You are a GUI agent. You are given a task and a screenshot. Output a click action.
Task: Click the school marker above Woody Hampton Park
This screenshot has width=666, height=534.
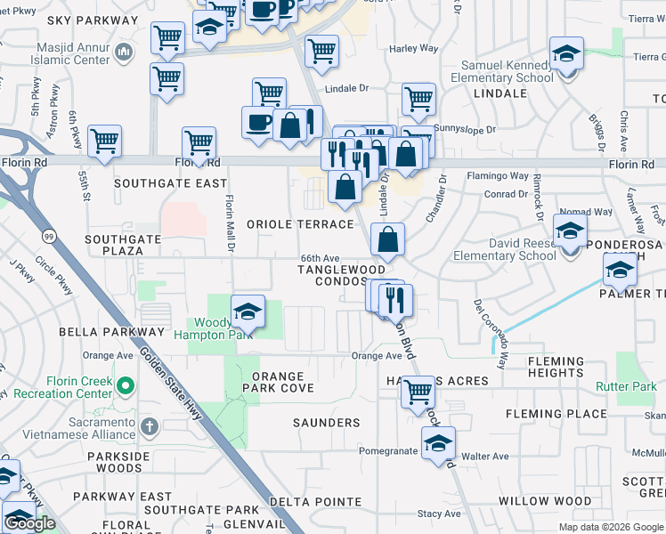pyautogui.click(x=248, y=311)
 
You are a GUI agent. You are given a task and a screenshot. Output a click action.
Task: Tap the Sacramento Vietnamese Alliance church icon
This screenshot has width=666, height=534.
pyautogui.click(x=148, y=426)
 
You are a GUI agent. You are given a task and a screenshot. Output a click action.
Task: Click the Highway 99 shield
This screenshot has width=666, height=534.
pyautogui.click(x=47, y=236)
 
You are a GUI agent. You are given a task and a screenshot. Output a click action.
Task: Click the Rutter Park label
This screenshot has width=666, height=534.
pyautogui.click(x=624, y=386)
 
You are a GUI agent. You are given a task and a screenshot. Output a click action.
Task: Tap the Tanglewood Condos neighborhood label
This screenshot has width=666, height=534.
pyautogui.click(x=341, y=275)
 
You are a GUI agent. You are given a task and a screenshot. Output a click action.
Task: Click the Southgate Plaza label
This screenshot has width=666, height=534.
pyautogui.click(x=123, y=245)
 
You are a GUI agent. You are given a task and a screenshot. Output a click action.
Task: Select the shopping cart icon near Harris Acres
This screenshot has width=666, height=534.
pyautogui.click(x=417, y=391)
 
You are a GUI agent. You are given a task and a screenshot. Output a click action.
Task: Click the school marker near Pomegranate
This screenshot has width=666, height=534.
pyautogui.click(x=438, y=443)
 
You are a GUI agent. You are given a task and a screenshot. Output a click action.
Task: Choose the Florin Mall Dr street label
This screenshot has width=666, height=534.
pyautogui.click(x=229, y=222)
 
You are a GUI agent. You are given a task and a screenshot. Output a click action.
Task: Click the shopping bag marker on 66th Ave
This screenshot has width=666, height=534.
pyautogui.click(x=388, y=239)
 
